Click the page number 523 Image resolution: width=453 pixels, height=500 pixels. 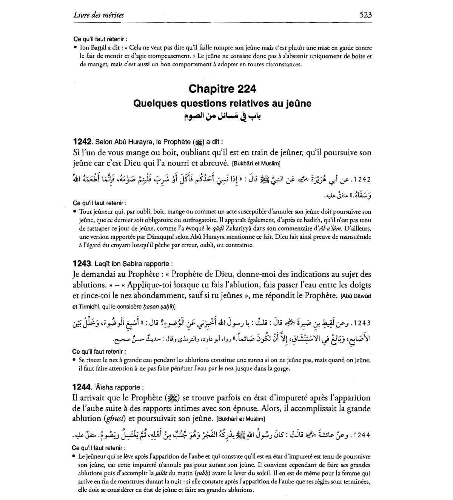click(x=365, y=15)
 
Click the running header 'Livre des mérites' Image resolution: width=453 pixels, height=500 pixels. click(x=99, y=15)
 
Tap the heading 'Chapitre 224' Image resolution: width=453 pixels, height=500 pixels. click(x=222, y=89)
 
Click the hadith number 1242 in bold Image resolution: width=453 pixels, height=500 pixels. click(x=82, y=142)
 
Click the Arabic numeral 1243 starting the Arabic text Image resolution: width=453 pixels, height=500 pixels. click(x=361, y=324)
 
